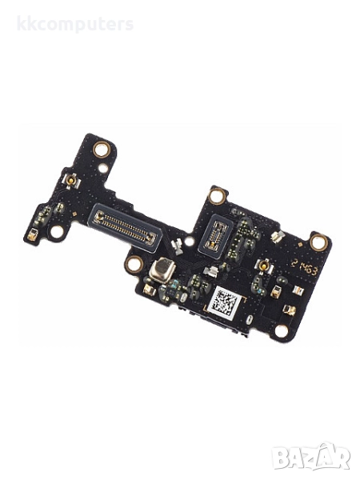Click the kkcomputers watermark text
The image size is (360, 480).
pos(76,24)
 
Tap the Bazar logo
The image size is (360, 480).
pos(311,456)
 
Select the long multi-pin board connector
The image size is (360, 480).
pos(124,225)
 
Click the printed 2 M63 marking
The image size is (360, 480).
pos(305,270)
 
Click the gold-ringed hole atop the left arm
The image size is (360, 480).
pos(102,150)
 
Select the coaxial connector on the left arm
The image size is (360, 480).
pos(71,182)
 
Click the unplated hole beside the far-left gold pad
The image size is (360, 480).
pos(57,232)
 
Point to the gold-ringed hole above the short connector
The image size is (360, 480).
pos(216,196)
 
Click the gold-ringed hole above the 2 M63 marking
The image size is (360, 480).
pos(318,242)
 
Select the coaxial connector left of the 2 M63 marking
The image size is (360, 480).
pos(262,265)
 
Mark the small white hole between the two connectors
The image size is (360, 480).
pos(189,239)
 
